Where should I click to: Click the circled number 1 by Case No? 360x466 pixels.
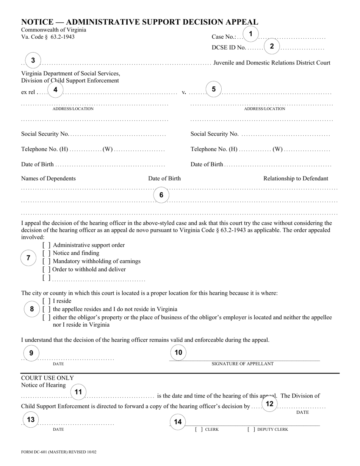pos(250,34)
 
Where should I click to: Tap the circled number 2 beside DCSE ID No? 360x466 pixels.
pos(272,47)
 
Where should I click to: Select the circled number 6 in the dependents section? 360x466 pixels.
pos(161,195)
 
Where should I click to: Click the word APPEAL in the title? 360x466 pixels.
pos(238,22)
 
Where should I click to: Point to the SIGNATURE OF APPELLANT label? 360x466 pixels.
pos(243,364)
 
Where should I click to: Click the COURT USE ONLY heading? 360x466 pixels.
pos(47,378)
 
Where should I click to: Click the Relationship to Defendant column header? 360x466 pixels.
pos(296,178)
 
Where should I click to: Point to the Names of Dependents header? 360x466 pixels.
pos(48,178)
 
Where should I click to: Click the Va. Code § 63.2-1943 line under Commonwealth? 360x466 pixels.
pos(48,37)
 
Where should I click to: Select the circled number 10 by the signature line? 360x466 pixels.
pos(178,353)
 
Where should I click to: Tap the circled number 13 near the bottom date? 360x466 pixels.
pos(31,420)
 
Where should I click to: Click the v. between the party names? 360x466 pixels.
pos(184,92)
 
